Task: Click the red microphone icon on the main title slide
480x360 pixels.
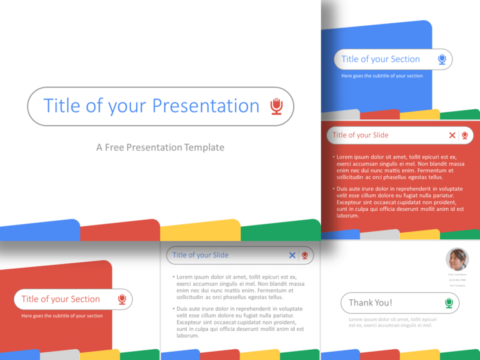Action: click(276, 106)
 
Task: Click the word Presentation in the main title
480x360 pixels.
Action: click(205, 106)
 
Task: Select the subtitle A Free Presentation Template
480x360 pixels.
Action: click(160, 147)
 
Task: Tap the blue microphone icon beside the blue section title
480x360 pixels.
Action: click(442, 59)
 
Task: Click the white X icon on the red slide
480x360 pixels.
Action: click(452, 136)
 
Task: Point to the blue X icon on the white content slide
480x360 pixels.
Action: click(292, 255)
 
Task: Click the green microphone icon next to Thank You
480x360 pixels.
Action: click(449, 303)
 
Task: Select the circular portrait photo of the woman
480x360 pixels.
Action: click(457, 260)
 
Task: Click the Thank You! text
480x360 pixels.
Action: click(371, 303)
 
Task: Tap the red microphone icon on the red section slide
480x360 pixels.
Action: click(122, 299)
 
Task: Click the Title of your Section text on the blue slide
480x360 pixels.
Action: click(380, 59)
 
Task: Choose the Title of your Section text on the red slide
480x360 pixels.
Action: click(61, 299)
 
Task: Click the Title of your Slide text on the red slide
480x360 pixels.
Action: click(361, 136)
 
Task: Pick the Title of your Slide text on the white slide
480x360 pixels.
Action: click(200, 255)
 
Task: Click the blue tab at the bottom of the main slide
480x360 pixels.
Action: click(40, 232)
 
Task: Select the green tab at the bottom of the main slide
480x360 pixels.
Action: click(280, 232)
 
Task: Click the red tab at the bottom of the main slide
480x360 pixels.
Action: click(120, 232)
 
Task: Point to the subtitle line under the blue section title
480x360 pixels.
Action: click(382, 76)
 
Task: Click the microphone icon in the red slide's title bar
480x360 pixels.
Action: click(464, 136)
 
